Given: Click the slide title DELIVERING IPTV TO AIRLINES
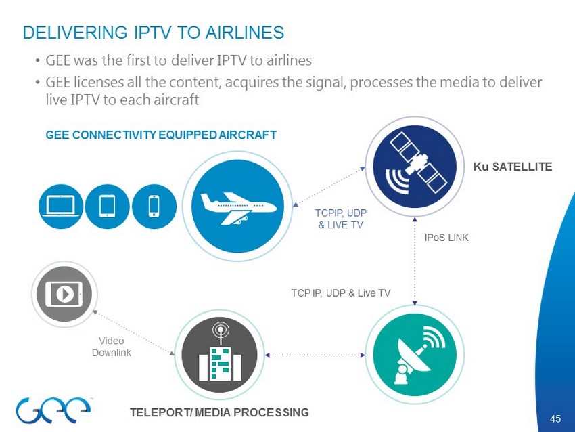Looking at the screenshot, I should tap(154, 33).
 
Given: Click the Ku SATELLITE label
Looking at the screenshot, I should tap(512, 166).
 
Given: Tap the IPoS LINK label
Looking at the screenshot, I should tap(446, 238).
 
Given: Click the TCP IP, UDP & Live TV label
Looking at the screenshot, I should tap(341, 293).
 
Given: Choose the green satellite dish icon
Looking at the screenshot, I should tap(413, 355).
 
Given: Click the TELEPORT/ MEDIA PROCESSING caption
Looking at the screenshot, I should tap(220, 412).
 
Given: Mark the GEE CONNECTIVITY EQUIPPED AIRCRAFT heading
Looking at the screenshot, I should tap(161, 135).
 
